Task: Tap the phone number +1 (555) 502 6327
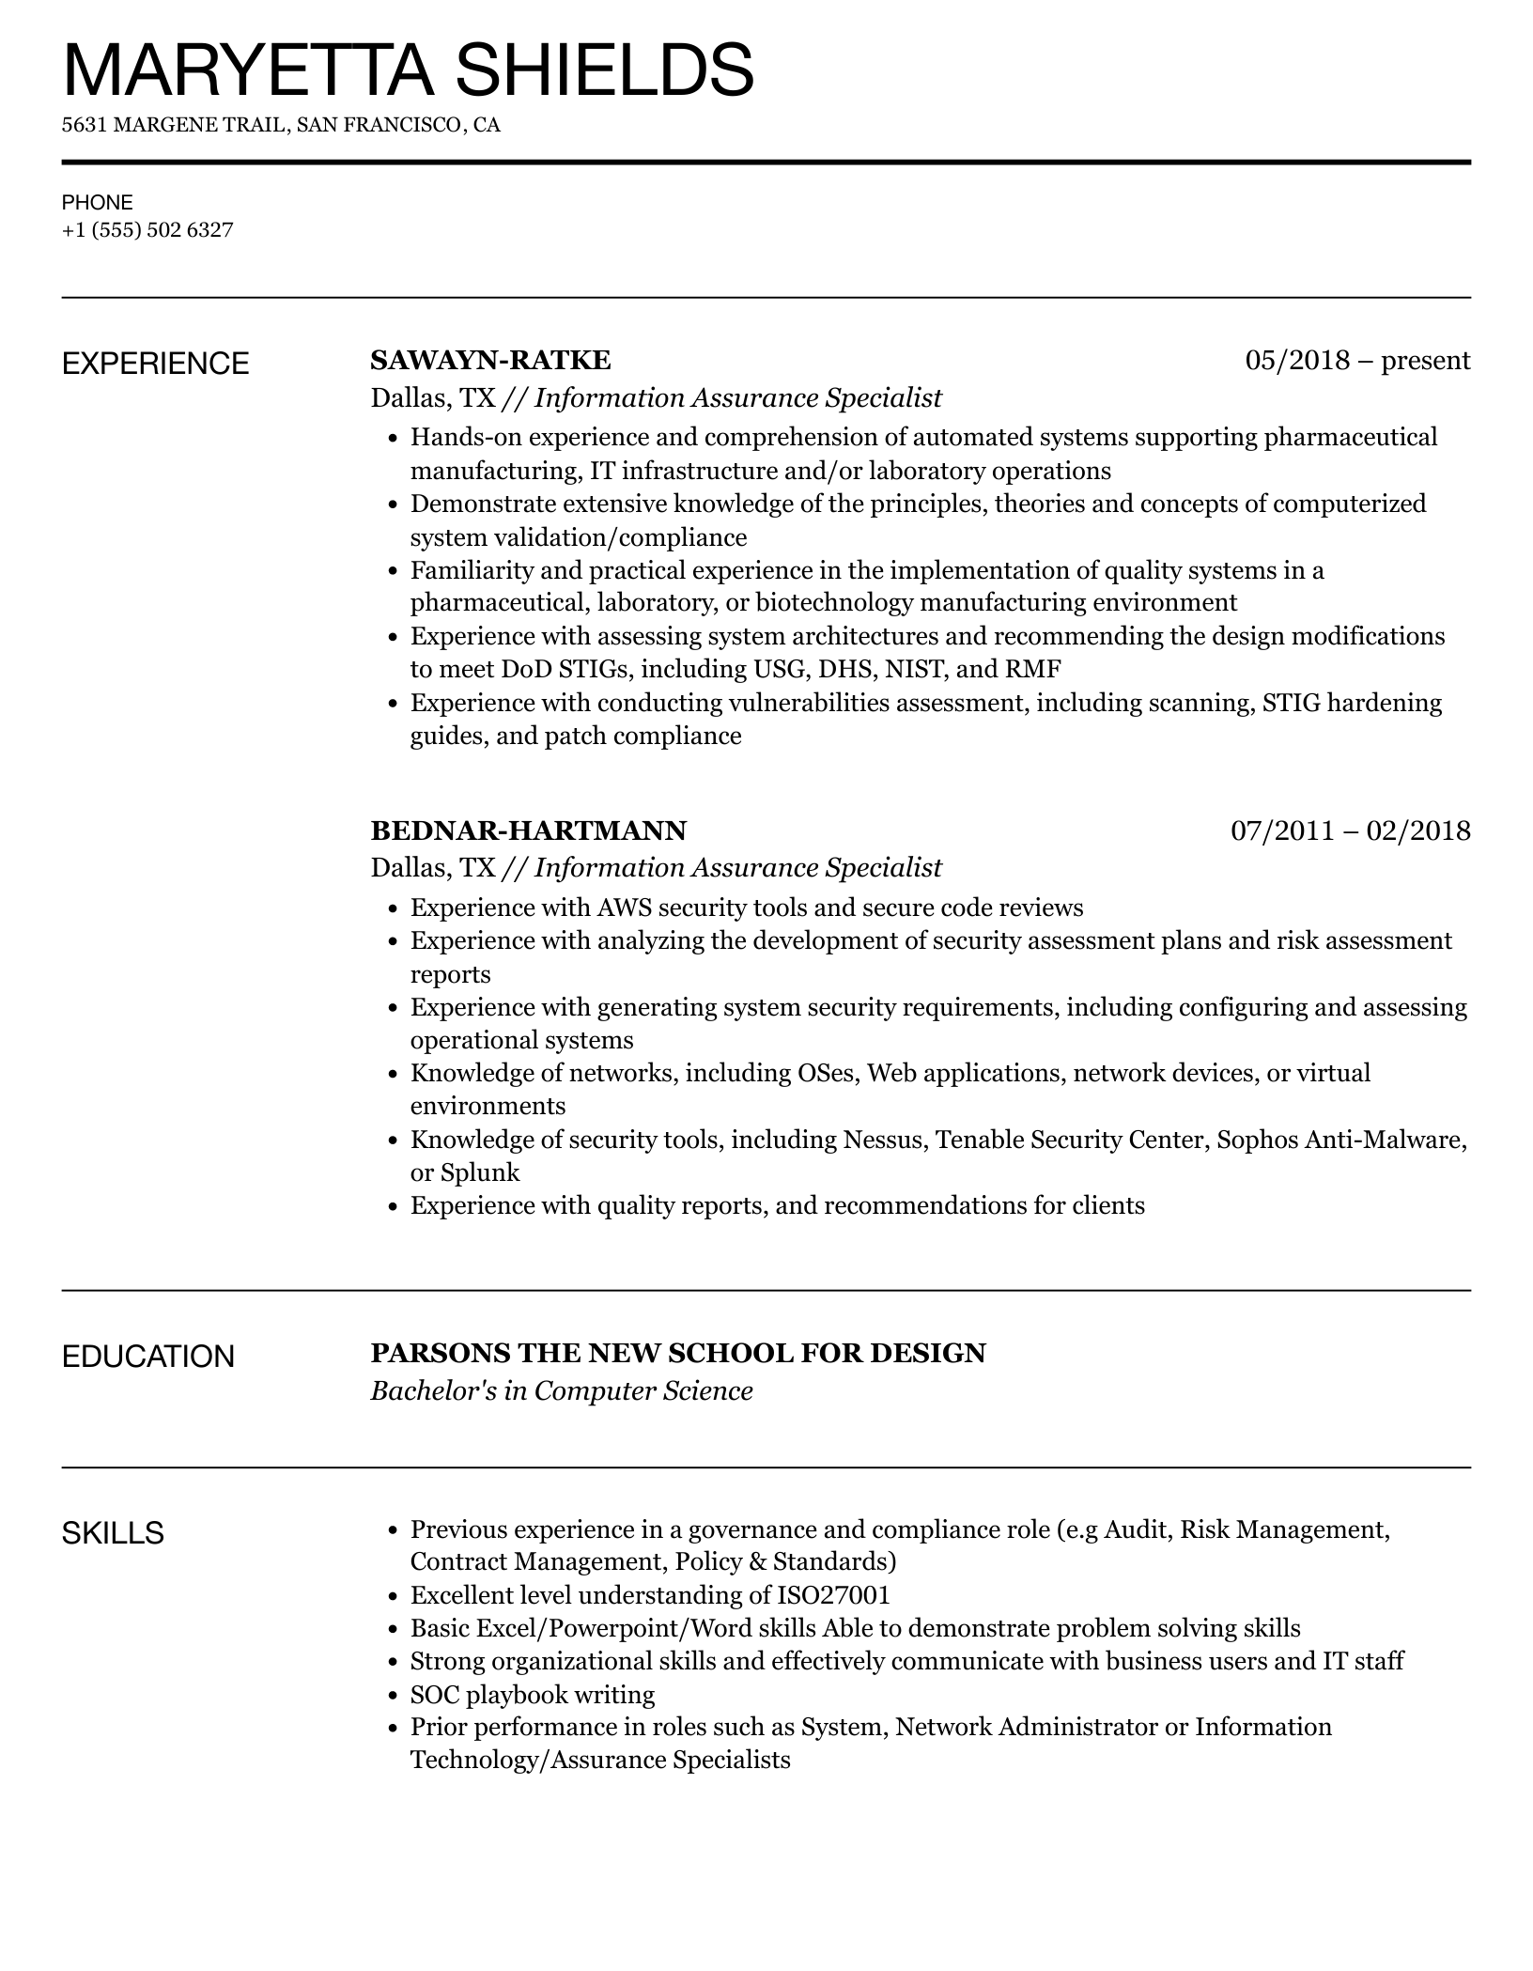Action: click(x=147, y=230)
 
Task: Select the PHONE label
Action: click(x=98, y=202)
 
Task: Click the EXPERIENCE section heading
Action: click(x=156, y=364)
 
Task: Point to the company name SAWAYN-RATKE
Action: click(x=490, y=360)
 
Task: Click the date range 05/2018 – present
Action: click(x=1357, y=360)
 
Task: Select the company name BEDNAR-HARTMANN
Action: click(x=528, y=830)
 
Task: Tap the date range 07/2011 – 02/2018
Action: click(x=1350, y=830)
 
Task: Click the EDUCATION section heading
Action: click(x=148, y=1357)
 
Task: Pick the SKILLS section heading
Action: click(x=113, y=1533)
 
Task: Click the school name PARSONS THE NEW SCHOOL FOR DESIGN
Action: click(x=678, y=1353)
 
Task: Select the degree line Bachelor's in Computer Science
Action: click(x=562, y=1390)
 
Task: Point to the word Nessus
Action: click(x=883, y=1140)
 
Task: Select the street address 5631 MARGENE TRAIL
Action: click(x=175, y=125)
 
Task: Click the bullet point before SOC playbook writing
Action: click(x=394, y=1696)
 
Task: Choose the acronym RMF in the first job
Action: click(x=1033, y=670)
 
